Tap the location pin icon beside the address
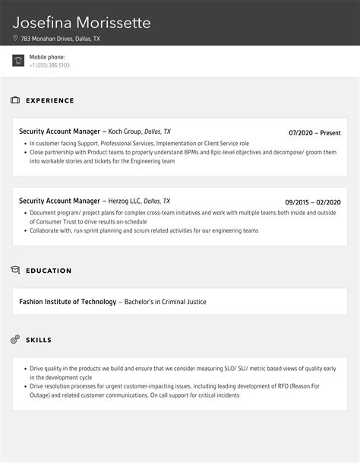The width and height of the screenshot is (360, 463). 15,38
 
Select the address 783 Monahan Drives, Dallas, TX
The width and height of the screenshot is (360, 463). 61,38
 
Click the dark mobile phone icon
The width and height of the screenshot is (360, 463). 18,61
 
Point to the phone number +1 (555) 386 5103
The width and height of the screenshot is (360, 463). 49,65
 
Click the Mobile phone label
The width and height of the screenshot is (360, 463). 47,57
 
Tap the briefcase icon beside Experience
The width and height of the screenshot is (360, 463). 15,100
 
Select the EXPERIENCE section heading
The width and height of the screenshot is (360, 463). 50,100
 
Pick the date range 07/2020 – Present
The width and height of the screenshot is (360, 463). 314,132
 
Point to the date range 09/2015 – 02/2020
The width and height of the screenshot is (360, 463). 313,201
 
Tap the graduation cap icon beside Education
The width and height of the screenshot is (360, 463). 15,270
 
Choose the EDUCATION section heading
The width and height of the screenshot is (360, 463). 49,271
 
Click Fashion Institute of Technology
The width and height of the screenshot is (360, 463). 68,302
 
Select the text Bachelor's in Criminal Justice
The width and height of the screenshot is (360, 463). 164,302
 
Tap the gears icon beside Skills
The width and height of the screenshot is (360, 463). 15,339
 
